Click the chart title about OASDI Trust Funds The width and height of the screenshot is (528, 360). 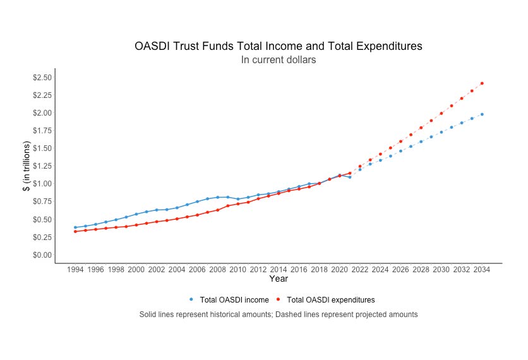pos(278,46)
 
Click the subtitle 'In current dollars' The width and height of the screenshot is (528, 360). pos(278,60)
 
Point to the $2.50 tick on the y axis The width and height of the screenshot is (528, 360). pos(42,78)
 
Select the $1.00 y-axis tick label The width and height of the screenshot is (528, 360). pos(42,184)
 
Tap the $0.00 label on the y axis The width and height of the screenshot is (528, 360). pos(42,255)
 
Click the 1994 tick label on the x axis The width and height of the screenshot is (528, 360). pos(75,270)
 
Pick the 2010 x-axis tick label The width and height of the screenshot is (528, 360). pos(238,270)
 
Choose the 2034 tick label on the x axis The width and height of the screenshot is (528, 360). pos(482,270)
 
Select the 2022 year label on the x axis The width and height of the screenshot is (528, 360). pos(360,270)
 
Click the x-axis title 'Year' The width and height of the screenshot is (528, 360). pos(279,279)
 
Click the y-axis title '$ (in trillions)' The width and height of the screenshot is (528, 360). pos(27,166)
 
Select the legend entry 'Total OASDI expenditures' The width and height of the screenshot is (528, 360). pos(330,300)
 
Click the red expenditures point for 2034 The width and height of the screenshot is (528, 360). pos(482,83)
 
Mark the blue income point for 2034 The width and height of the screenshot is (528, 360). pos(482,114)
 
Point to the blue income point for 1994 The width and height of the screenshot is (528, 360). pos(75,227)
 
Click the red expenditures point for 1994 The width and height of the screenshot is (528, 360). pos(75,231)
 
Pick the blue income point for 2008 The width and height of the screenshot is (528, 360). pos(218,197)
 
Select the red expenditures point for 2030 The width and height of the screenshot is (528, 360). pos(441,113)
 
